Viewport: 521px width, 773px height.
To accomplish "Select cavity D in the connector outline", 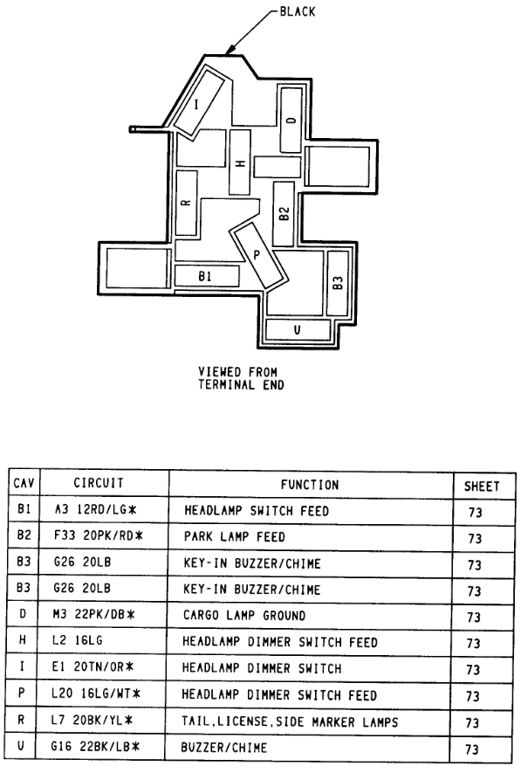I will pos(291,119).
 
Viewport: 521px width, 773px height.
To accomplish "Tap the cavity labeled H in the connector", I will pos(239,162).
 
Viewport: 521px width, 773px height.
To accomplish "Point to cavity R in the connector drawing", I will pos(186,203).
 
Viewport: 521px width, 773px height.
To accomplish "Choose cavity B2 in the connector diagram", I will pos(284,214).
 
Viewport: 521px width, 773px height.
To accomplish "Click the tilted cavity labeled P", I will pos(257,253).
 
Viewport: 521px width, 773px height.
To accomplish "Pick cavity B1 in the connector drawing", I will pos(207,276).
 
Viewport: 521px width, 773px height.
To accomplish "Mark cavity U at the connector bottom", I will pos(297,330).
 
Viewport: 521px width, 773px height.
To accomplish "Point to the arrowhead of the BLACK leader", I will pos(230,52).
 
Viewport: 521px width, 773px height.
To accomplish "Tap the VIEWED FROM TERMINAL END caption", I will pos(242,377).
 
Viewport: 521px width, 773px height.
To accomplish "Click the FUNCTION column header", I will pos(310,484).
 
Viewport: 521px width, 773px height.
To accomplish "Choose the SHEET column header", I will pos(475,486).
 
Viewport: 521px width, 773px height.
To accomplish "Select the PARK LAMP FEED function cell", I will pos(234,536).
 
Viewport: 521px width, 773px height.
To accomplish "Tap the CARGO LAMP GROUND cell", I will pos(243,616).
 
